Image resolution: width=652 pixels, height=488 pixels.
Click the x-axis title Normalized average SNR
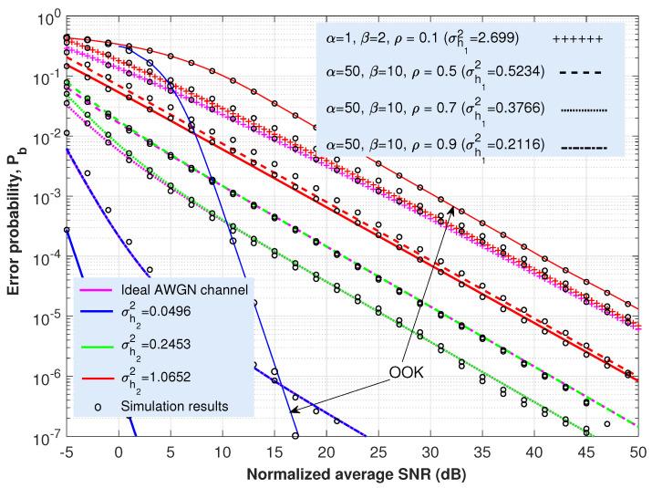click(351, 475)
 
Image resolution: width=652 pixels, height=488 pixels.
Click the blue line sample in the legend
click(98, 316)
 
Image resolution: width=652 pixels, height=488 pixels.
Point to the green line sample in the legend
click(98, 343)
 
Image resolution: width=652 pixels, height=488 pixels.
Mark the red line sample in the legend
click(98, 370)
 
